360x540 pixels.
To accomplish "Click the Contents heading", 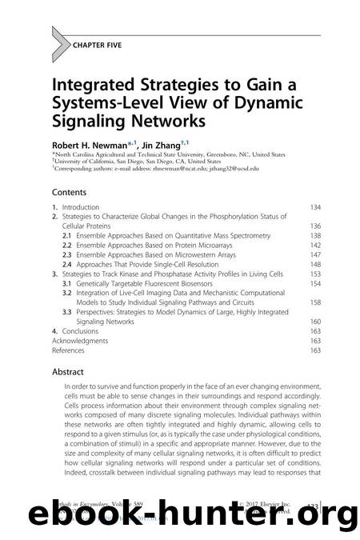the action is click(x=70, y=193).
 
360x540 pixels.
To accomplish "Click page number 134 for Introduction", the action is click(x=315, y=207).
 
